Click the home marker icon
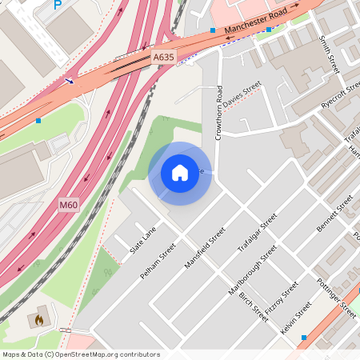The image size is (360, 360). [180, 172]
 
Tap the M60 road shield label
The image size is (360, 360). [69, 206]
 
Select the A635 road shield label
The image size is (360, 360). [162, 57]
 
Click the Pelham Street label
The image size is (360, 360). [157, 262]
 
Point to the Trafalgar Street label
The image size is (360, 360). [257, 233]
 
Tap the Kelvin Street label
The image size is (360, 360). [295, 318]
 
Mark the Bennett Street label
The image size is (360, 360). [334, 214]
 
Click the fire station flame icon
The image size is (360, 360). [38, 319]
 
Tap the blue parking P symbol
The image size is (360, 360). [56, 5]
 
